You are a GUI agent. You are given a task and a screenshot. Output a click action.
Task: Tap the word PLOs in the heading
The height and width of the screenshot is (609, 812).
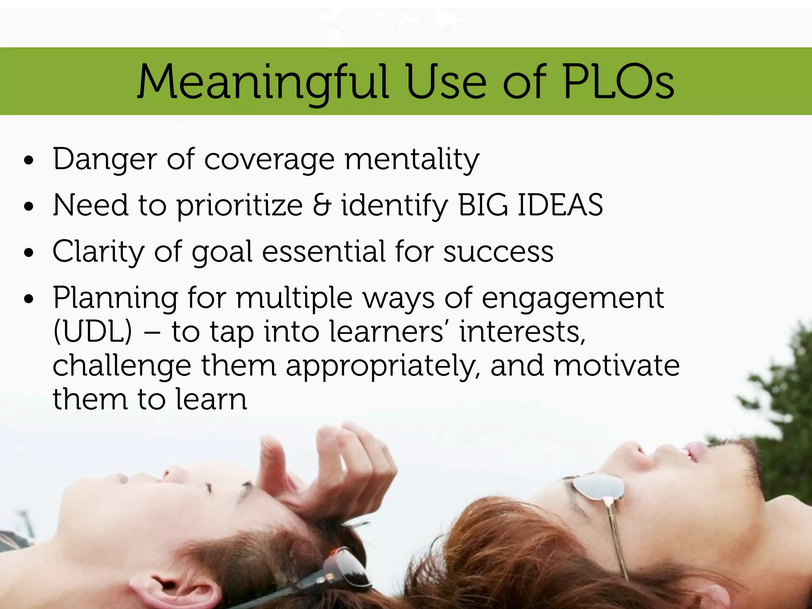[619, 82]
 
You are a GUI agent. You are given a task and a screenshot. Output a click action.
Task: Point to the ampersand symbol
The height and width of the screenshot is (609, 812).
[322, 205]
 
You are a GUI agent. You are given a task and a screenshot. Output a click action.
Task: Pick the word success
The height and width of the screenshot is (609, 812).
[498, 252]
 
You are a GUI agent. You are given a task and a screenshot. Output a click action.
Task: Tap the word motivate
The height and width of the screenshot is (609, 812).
[617, 366]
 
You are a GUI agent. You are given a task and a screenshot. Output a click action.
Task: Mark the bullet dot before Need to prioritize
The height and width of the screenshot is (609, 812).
[29, 207]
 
